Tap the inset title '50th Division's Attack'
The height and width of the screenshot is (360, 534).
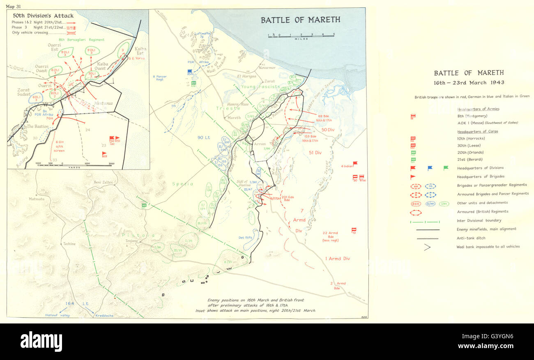point(43,16)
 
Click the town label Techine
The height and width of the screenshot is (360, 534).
point(69,244)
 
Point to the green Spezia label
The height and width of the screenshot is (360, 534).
point(183,184)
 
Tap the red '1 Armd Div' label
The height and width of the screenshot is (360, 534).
point(338,259)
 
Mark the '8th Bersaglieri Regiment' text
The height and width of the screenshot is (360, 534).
point(82,40)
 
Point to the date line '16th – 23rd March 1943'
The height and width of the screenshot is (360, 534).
point(469,83)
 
